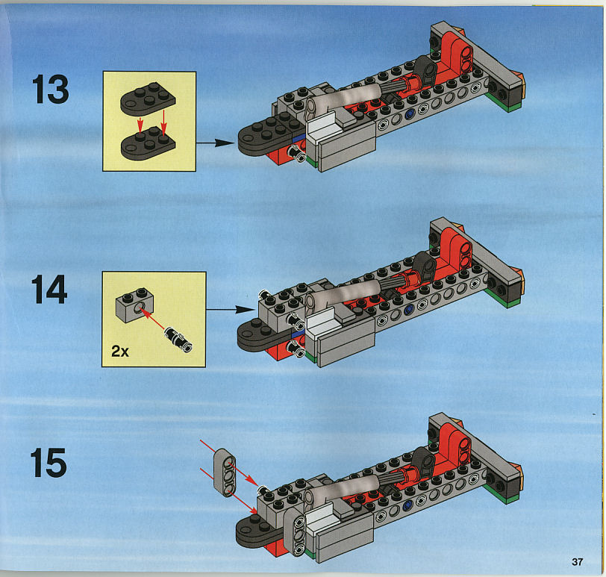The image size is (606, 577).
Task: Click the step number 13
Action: pos(50,90)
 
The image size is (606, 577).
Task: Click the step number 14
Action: pos(49,289)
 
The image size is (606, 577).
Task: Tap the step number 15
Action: pos(49,463)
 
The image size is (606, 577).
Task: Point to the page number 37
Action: pos(577,561)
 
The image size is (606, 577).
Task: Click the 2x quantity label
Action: pos(120,351)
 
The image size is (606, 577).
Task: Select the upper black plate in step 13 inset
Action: pos(148,99)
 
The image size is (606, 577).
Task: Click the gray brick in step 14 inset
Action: pos(134,305)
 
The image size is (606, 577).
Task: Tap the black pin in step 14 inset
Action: pos(178,340)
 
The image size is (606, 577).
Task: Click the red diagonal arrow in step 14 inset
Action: pos(154,318)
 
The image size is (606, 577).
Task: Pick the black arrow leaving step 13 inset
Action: pos(215,143)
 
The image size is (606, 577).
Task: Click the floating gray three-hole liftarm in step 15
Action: pos(225,472)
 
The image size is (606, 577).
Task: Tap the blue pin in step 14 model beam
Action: pos(408,309)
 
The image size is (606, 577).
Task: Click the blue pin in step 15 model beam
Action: pos(407,506)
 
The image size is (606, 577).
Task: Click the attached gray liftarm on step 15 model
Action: pos(296,531)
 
